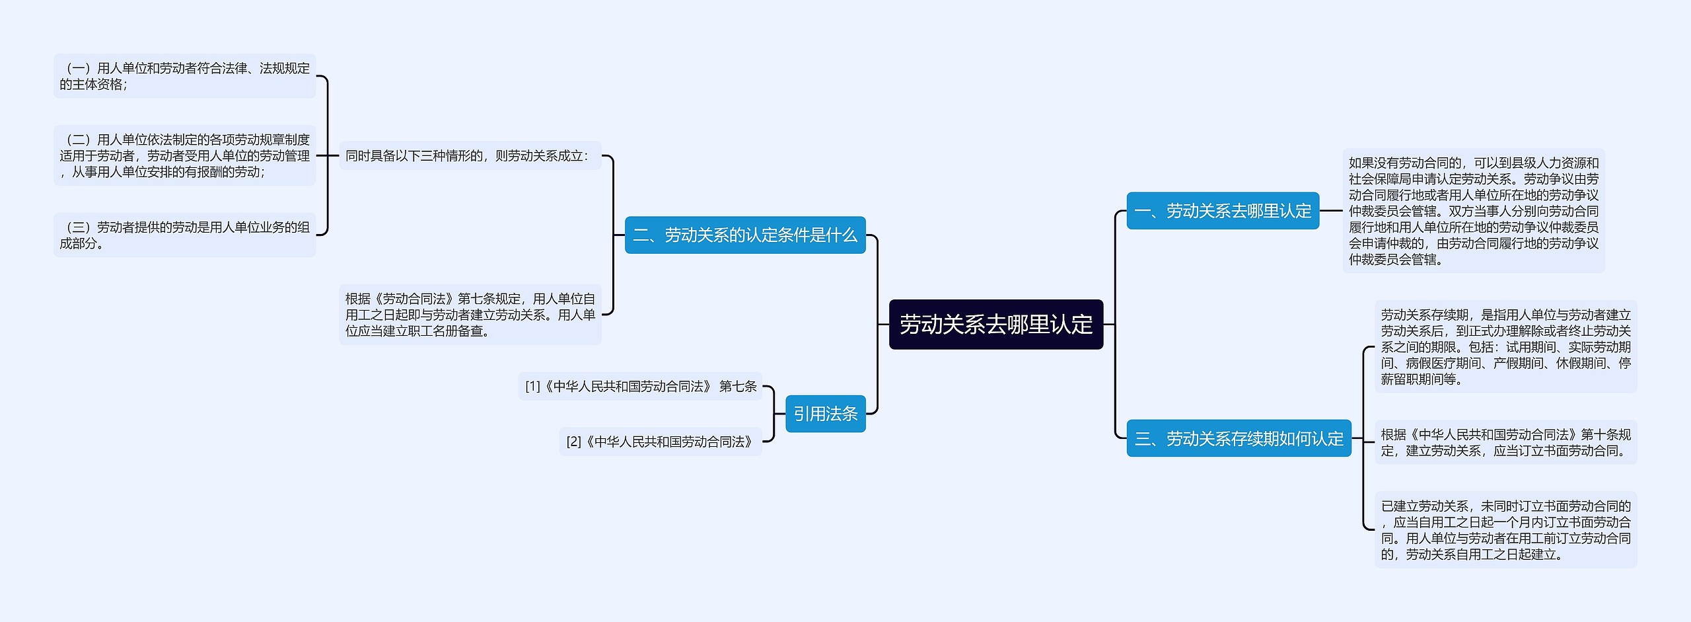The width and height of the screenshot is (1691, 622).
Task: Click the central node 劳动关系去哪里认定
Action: click(995, 325)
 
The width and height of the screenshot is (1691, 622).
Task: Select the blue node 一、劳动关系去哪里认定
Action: click(1222, 211)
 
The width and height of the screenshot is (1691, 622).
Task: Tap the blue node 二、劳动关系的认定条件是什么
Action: click(744, 235)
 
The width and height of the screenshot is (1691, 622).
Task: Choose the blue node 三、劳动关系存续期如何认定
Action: click(1239, 438)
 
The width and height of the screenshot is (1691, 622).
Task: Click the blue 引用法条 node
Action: click(825, 414)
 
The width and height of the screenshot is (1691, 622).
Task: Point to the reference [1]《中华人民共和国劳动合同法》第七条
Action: click(640, 386)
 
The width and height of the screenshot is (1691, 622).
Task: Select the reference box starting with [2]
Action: click(660, 442)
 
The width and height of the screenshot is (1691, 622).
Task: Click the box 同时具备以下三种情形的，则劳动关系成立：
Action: click(470, 156)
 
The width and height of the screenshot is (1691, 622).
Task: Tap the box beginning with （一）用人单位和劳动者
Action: click(184, 76)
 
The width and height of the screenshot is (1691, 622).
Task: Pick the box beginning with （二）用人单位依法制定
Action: click(184, 156)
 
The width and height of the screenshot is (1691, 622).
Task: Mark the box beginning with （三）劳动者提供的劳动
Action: click(184, 235)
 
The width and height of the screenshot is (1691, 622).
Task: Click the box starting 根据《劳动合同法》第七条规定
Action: click(470, 315)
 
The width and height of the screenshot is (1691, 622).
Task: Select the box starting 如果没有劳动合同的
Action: click(1473, 211)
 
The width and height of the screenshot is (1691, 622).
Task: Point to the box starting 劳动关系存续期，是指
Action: click(1505, 347)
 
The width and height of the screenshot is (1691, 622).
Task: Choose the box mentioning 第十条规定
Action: click(1505, 443)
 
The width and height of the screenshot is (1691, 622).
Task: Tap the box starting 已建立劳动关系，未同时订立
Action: click(1505, 530)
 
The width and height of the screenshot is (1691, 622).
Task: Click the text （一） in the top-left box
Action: click(79, 68)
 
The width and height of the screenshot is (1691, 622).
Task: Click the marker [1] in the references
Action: click(532, 386)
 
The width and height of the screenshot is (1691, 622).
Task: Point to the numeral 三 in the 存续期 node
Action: click(1143, 439)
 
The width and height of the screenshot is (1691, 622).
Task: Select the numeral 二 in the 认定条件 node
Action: click(641, 235)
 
